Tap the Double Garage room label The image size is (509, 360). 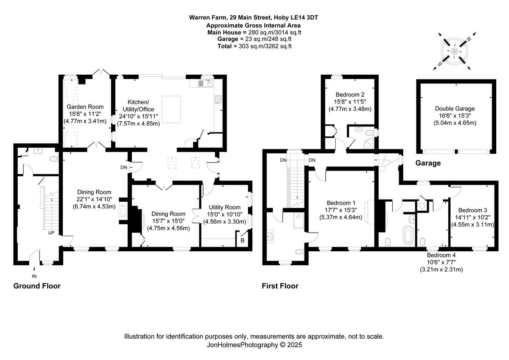tap(456, 108)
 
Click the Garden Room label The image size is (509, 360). tap(85, 107)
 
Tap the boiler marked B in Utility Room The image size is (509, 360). tap(243, 241)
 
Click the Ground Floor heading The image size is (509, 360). tap(37, 286)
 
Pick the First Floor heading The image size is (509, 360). tap(280, 286)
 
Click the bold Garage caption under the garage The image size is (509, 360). tap(428, 163)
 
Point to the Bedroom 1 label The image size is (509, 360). tap(341, 202)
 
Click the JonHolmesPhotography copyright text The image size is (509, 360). tap(254, 345)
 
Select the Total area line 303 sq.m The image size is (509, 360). tap(254, 46)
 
